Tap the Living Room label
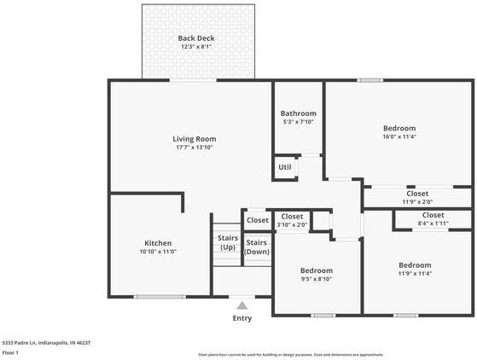pos(194,138)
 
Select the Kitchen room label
pos(158,243)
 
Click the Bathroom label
pos(298,113)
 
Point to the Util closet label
pos(284,167)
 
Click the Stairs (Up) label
pos(227,242)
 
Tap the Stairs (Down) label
pos(257,247)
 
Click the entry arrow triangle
pos(242,305)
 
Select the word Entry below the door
pos(242,318)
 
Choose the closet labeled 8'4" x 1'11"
pos(433,224)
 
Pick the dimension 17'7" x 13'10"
pos(194,148)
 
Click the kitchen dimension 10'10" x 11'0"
pos(158,253)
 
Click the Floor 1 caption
pos(11,351)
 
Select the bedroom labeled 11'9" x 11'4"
pos(415,270)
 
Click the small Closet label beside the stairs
pos(257,220)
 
